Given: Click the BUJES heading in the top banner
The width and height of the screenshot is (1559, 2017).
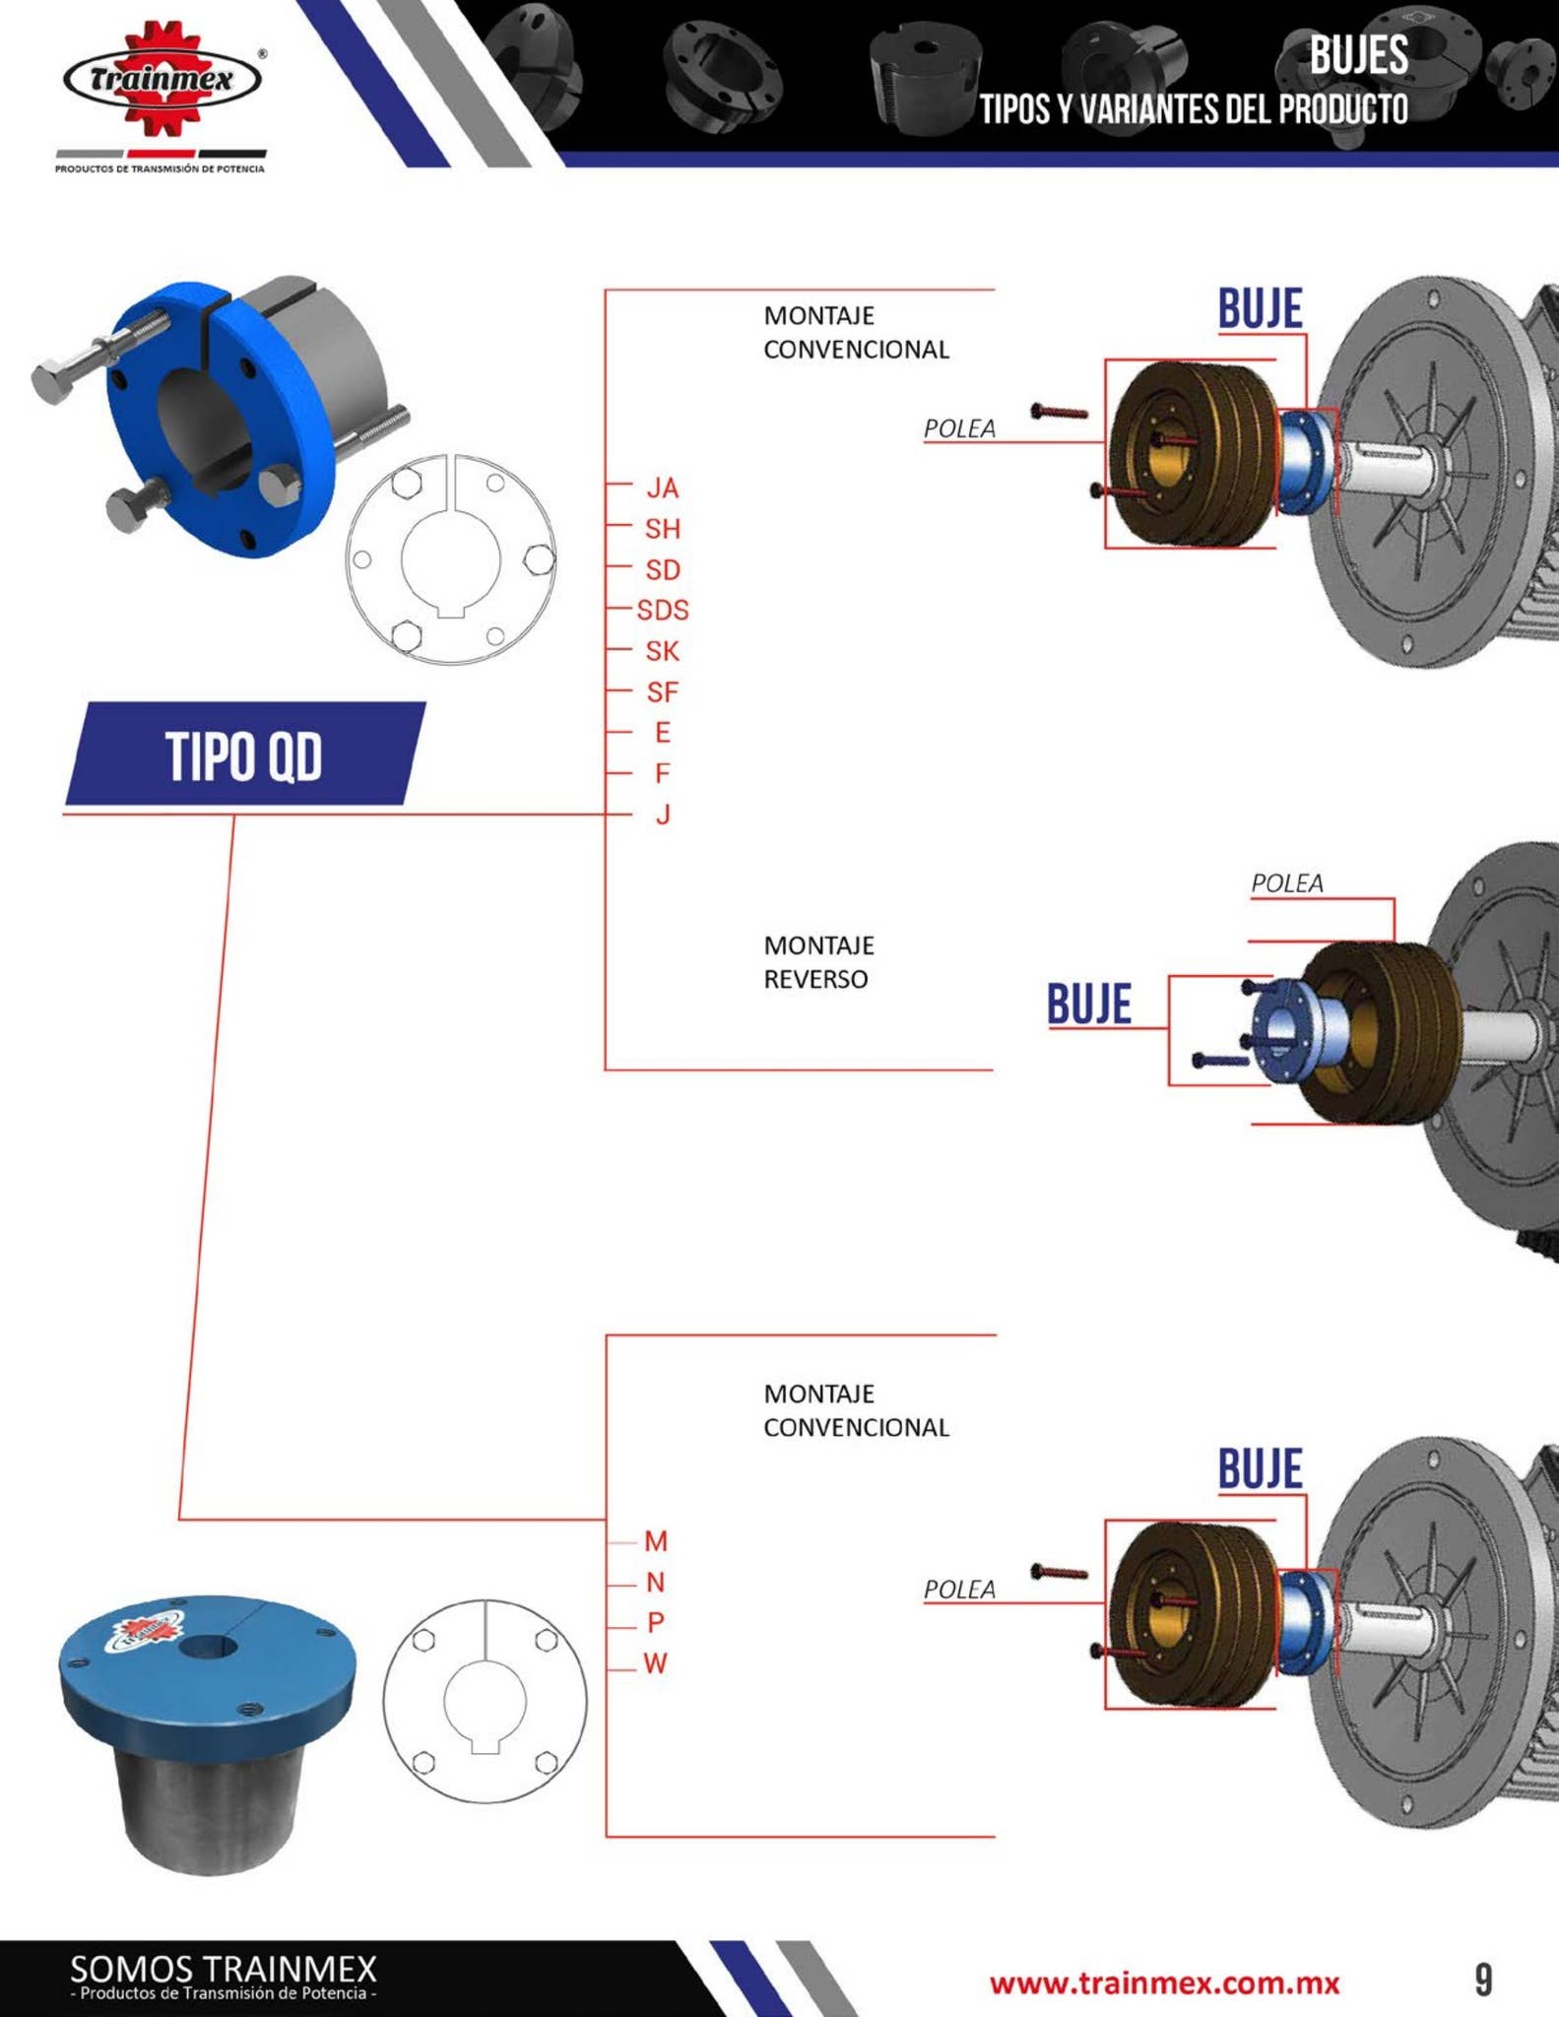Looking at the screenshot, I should (x=1358, y=56).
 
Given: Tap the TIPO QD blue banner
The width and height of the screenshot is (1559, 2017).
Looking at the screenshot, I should (x=244, y=755).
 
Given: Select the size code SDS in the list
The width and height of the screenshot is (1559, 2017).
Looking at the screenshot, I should (x=663, y=611).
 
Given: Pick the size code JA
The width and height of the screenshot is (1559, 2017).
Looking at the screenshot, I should (x=663, y=488).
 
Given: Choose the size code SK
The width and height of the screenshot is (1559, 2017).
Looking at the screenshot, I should (x=663, y=651).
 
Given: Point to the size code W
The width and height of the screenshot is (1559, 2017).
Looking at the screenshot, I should (x=656, y=1663).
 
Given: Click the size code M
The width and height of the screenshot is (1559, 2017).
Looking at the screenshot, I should (x=656, y=1541).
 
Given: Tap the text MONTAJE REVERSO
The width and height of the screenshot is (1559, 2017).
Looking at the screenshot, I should (x=818, y=962).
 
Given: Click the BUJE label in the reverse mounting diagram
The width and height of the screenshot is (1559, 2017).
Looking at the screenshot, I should (x=1089, y=1005).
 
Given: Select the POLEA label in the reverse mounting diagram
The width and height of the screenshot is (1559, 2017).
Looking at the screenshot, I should (x=1286, y=883).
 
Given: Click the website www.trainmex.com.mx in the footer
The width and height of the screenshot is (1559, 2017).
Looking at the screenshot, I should (x=1164, y=1983).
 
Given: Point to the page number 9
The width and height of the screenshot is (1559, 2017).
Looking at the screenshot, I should (x=1483, y=1980).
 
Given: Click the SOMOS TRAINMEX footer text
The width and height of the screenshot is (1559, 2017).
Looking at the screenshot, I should (x=224, y=1970).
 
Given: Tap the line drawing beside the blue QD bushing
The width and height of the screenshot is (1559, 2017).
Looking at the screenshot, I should (x=451, y=559).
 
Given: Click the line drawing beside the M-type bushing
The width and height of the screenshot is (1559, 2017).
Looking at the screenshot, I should (x=485, y=1701).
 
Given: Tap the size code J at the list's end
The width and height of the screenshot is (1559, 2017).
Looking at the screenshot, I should (x=663, y=814).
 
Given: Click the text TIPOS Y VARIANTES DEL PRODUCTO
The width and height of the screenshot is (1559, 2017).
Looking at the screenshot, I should (x=1193, y=110).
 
